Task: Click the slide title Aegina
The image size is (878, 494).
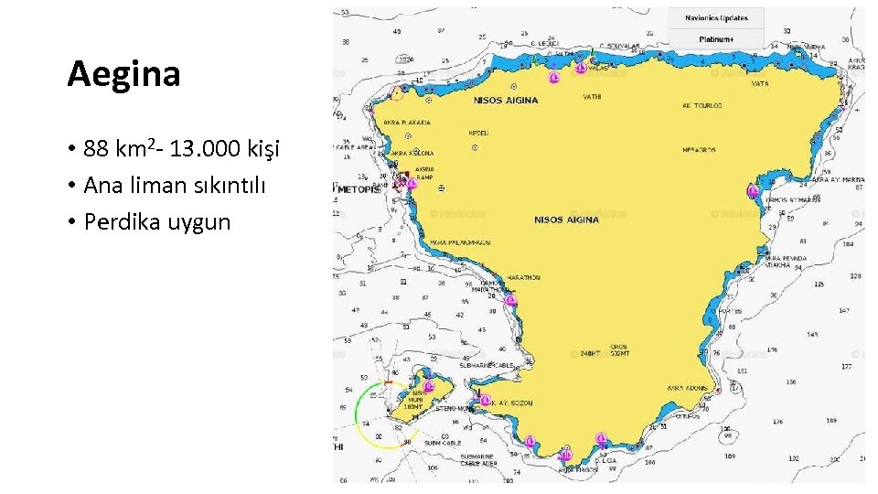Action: (x=123, y=74)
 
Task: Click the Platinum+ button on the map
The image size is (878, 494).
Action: (x=715, y=39)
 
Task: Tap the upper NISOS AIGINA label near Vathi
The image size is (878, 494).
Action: (x=506, y=101)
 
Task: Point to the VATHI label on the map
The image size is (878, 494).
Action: (x=592, y=97)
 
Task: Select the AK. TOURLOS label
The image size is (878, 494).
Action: (x=701, y=105)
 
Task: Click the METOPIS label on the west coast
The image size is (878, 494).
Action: (x=359, y=189)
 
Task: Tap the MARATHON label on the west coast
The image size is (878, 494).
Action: (x=523, y=277)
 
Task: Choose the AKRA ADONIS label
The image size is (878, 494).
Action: (x=687, y=387)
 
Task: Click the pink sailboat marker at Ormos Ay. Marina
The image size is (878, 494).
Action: (x=753, y=191)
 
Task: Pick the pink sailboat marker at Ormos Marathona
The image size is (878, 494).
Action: (x=510, y=300)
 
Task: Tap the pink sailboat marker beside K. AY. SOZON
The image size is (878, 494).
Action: (x=485, y=400)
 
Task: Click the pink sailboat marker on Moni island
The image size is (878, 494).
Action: (x=428, y=386)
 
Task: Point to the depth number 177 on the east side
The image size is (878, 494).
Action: (x=846, y=366)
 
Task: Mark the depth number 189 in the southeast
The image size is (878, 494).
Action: (x=830, y=422)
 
